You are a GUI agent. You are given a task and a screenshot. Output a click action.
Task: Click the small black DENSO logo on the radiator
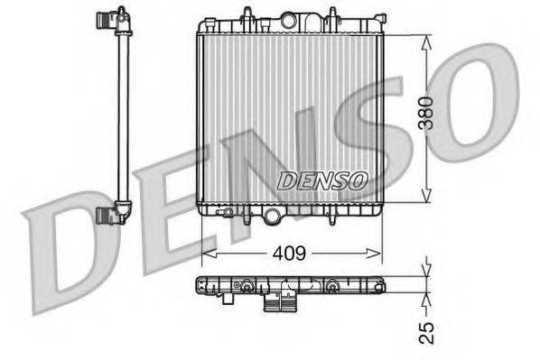(x=321, y=181)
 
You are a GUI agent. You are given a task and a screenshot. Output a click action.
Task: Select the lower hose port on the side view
(x=110, y=214)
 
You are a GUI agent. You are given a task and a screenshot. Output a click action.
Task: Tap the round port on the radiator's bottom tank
(x=273, y=215)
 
